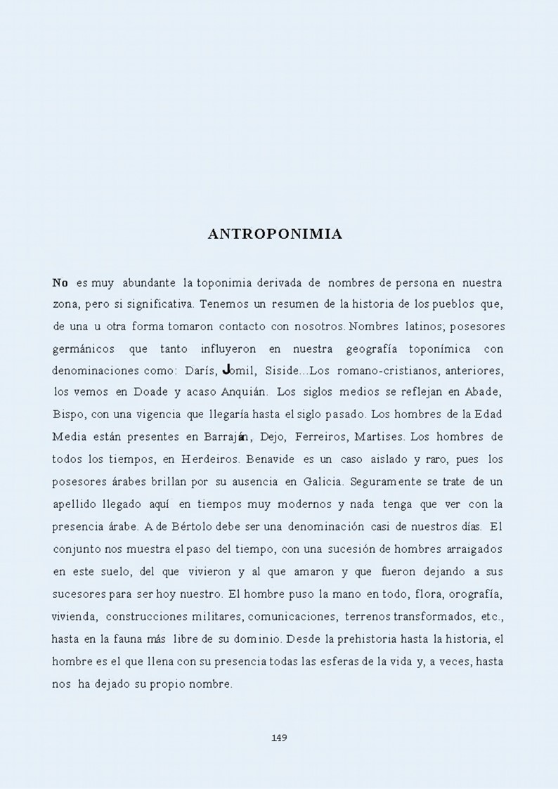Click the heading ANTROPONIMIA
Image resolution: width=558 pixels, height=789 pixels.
275,234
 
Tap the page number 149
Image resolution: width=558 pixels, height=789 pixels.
279,737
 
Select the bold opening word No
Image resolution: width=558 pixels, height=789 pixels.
60,283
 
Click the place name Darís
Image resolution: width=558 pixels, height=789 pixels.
199,370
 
